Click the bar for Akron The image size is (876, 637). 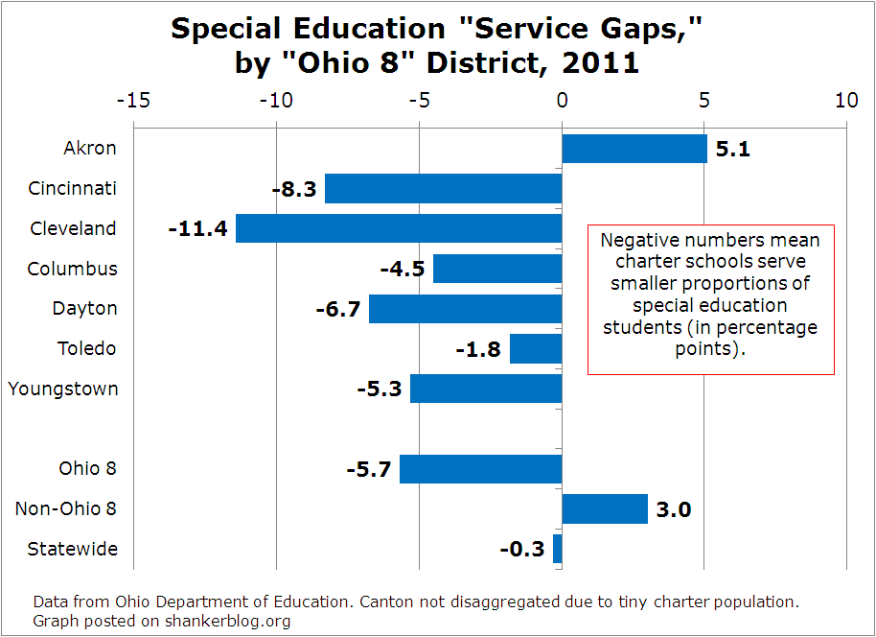[x=634, y=149]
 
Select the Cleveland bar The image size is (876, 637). [x=399, y=228]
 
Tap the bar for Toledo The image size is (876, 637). [x=536, y=349]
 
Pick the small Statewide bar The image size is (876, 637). [x=558, y=549]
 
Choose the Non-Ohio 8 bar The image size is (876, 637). [x=605, y=508]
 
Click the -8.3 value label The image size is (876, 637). [x=294, y=189]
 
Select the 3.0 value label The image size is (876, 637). [x=673, y=509]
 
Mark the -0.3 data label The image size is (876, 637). [x=522, y=550]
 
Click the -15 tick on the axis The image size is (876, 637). [x=132, y=100]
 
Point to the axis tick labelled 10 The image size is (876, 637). [x=845, y=100]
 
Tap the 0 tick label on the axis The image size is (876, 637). [x=562, y=100]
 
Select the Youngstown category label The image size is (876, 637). [x=63, y=389]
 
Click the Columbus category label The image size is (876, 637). [x=72, y=269]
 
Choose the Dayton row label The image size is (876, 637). [x=84, y=308]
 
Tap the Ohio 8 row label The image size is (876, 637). [x=87, y=468]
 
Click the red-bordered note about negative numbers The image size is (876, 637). [x=710, y=299]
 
